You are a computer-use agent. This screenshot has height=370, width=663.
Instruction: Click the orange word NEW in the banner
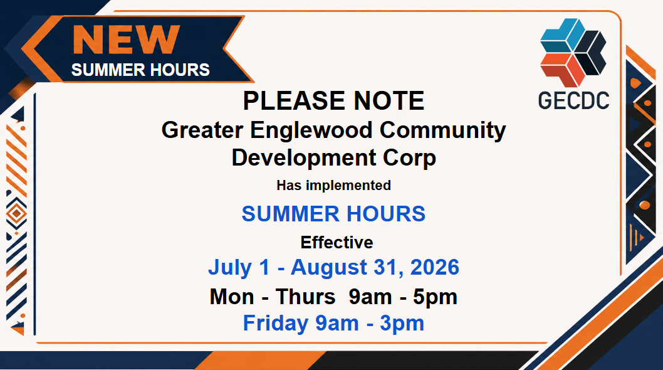coord(127,39)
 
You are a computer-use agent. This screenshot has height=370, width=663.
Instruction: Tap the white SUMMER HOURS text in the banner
coord(140,70)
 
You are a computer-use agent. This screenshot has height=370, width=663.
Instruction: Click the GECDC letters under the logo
coord(573,101)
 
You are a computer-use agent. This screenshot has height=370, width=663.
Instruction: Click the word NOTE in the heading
coord(389,101)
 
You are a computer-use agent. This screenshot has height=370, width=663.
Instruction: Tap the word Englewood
coord(311,130)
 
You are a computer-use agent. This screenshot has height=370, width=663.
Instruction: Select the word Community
coord(442,130)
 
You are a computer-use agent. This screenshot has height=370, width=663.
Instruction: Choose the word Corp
coord(409,158)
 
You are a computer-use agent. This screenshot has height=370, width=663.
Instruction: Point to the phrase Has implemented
coord(333,186)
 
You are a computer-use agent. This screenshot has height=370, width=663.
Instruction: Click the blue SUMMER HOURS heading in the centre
coord(333,214)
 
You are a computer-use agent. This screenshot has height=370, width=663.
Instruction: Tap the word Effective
coord(337,243)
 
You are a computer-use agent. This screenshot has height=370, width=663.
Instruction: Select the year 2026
coord(435,267)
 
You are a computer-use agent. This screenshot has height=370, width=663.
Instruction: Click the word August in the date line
coord(329,268)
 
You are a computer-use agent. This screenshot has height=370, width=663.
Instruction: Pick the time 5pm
coord(435,297)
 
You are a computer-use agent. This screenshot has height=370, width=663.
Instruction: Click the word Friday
coord(276,324)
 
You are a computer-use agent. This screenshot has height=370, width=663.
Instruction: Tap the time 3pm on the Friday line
coord(402,324)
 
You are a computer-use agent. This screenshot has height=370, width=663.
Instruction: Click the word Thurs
coord(306,297)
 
